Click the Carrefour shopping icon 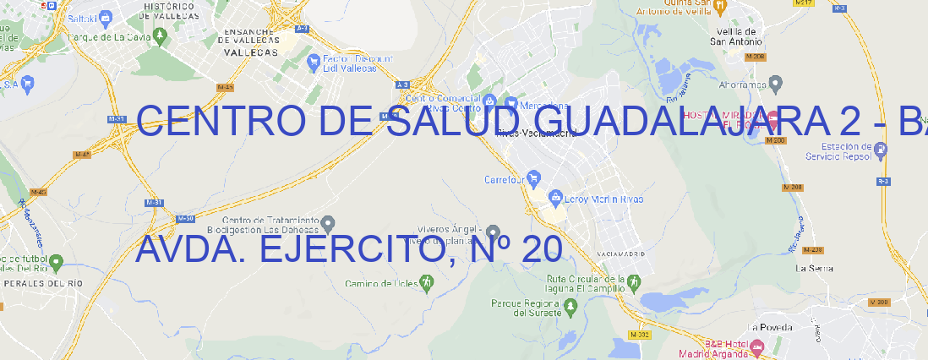coord(535,178)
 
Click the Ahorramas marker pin coord(777,83)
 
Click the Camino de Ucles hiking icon coord(427,282)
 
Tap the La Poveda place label coord(770,326)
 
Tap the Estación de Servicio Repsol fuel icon coord(882,150)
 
